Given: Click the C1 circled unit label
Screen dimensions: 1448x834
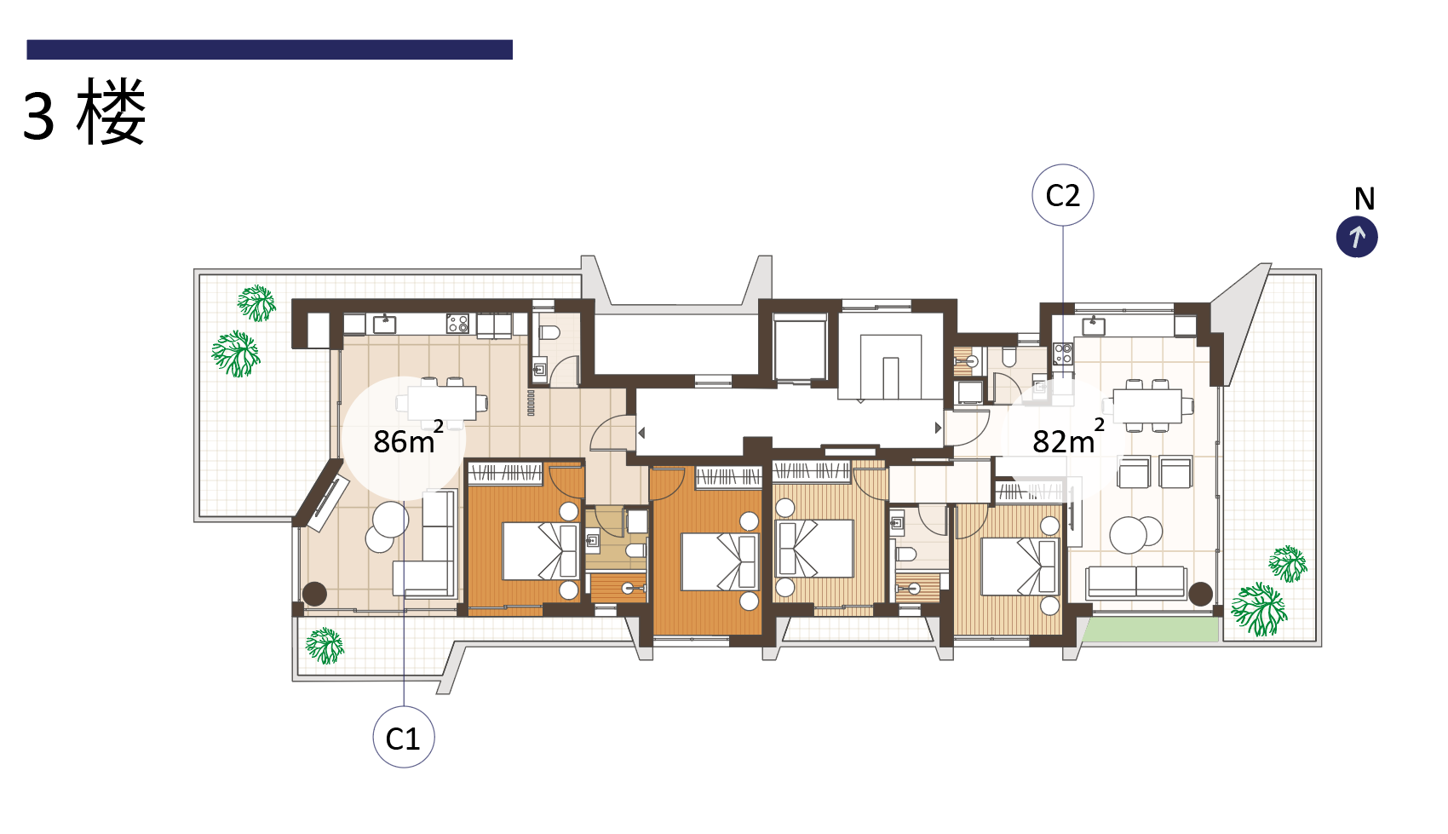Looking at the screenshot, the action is click(404, 737).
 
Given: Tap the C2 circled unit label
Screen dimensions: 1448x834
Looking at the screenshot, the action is click(1063, 195).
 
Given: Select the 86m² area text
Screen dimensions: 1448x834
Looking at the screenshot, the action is click(409, 439).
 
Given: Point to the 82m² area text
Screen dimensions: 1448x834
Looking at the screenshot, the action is click(1068, 439).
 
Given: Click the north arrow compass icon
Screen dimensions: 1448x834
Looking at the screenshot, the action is click(1357, 237).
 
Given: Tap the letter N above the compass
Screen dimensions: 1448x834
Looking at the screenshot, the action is click(1365, 199).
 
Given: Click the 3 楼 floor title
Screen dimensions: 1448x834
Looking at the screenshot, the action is click(84, 112).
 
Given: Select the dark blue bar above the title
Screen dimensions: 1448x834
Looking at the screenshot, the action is click(269, 49).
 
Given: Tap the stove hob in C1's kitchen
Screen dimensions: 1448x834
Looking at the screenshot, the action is click(457, 323).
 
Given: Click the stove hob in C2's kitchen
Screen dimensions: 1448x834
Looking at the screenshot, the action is click(1063, 354).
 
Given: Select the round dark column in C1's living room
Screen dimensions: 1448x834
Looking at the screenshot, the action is click(315, 594).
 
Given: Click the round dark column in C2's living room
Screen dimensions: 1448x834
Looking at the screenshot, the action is click(1200, 594).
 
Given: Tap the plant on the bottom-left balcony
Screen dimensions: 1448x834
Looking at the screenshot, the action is click(325, 646).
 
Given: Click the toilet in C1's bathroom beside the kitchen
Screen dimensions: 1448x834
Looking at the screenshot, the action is click(549, 332).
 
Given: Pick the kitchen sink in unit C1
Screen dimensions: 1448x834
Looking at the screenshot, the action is click(385, 323).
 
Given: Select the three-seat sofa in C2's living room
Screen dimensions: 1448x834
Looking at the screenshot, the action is click(1136, 581).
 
